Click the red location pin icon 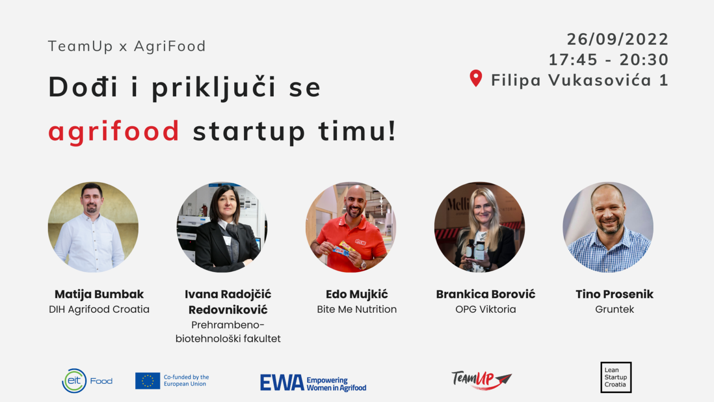pyautogui.click(x=476, y=78)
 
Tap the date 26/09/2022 pyautogui.click(x=617, y=39)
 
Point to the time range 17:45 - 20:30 pyautogui.click(x=608, y=60)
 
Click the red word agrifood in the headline pyautogui.click(x=114, y=131)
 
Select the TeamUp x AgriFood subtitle pyautogui.click(x=126, y=46)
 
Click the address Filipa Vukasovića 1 pyautogui.click(x=579, y=80)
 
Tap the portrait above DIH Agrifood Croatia pyautogui.click(x=93, y=227)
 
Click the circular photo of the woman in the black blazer pyautogui.click(x=222, y=227)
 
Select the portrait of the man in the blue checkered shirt pyautogui.click(x=608, y=227)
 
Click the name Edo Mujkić pyautogui.click(x=357, y=294)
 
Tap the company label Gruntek pyautogui.click(x=615, y=309)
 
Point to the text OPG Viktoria pyautogui.click(x=485, y=309)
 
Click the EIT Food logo pyautogui.click(x=87, y=381)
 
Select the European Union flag pyautogui.click(x=147, y=381)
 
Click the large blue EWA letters pyautogui.click(x=282, y=382)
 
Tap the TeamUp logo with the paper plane pyautogui.click(x=481, y=379)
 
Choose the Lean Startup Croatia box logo pyautogui.click(x=615, y=377)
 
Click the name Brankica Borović pyautogui.click(x=485, y=294)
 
